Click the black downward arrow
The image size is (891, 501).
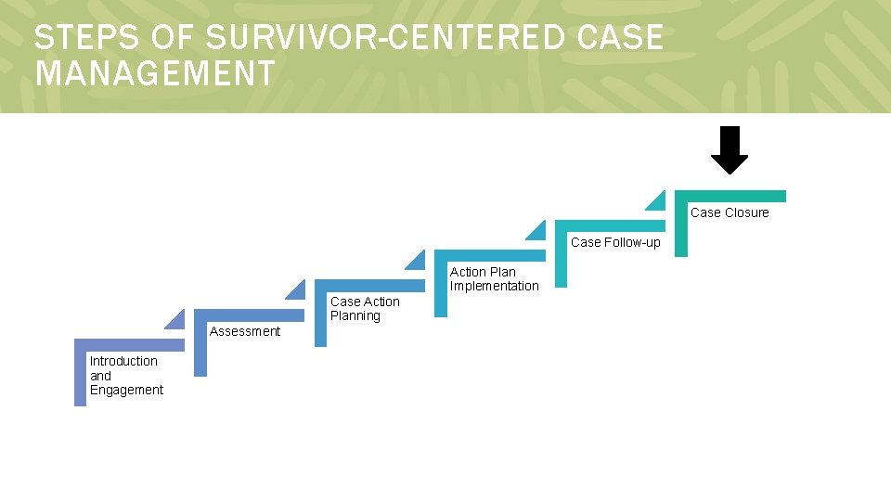pyautogui.click(x=730, y=150)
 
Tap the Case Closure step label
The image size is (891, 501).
pyautogui.click(x=730, y=212)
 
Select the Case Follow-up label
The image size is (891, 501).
pyautogui.click(x=615, y=242)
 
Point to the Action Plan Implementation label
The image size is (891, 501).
pyautogui.click(x=494, y=279)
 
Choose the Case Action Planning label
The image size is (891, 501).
pyautogui.click(x=365, y=309)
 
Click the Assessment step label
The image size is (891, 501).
pyautogui.click(x=245, y=331)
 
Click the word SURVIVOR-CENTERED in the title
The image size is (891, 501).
pyautogui.click(x=384, y=38)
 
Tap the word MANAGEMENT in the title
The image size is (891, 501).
pyautogui.click(x=155, y=72)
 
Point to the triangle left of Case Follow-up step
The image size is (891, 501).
pyautogui.click(x=537, y=230)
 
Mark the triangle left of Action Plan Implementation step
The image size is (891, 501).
pyautogui.click(x=417, y=260)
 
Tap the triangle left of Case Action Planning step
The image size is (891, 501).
pyautogui.click(x=296, y=289)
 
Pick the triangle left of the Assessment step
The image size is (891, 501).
pyautogui.click(x=176, y=319)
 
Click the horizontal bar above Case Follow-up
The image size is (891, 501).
pyautogui.click(x=610, y=225)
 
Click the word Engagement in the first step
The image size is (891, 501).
pyautogui.click(x=126, y=391)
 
